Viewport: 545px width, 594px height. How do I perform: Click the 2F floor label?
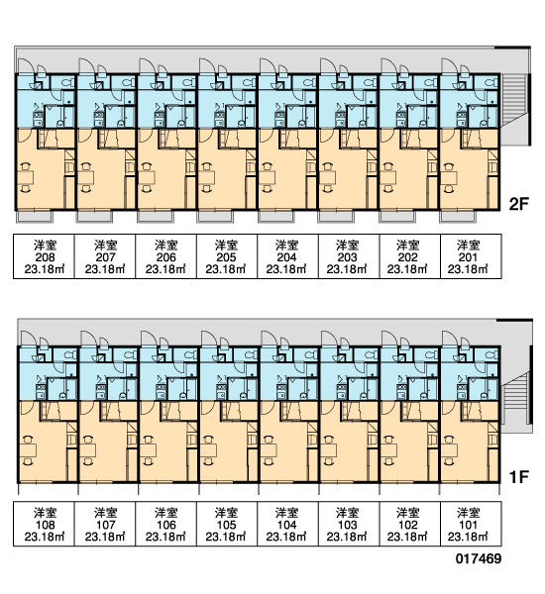(x=518, y=205)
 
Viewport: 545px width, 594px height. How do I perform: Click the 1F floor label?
(x=518, y=477)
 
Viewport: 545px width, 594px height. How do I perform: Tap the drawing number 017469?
(x=479, y=558)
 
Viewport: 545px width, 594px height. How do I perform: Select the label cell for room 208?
(x=44, y=256)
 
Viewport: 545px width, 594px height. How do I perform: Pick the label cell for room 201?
(x=471, y=256)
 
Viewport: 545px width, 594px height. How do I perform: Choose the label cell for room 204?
(x=287, y=256)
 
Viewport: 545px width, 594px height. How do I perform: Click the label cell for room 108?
(x=44, y=524)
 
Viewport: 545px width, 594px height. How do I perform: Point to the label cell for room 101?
(x=471, y=524)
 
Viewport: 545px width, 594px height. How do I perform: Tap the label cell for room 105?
(x=227, y=524)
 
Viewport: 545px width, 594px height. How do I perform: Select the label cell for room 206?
(x=165, y=256)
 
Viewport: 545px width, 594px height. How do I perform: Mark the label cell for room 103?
(x=349, y=524)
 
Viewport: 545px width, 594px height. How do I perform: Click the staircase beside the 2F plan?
(x=514, y=100)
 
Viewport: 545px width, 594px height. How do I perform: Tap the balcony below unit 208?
(x=35, y=216)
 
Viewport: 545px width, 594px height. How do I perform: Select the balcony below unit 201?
(x=458, y=216)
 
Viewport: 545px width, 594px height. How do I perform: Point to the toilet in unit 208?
(x=68, y=82)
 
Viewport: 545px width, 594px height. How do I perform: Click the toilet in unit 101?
(x=491, y=355)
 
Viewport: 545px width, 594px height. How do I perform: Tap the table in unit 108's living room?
(x=28, y=450)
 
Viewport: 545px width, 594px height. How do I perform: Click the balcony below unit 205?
(x=215, y=216)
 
